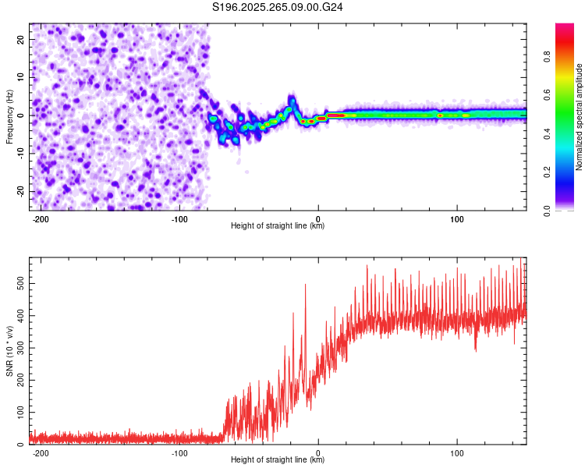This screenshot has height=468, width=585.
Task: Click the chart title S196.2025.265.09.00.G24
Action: click(x=278, y=7)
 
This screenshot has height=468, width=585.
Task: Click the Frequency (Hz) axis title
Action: click(x=9, y=117)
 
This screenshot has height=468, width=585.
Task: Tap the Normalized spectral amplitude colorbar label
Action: click(x=579, y=117)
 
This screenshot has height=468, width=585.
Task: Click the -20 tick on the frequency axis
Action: click(x=19, y=191)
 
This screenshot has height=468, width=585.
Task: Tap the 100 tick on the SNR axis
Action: click(x=17, y=411)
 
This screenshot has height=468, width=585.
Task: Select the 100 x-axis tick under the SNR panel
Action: click(x=457, y=452)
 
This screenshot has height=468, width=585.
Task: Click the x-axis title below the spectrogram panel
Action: click(x=278, y=226)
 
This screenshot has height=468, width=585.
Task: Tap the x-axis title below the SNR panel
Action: click(x=278, y=460)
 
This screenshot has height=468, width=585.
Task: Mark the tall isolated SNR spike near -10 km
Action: click(x=305, y=287)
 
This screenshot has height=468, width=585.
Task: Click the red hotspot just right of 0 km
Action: click(x=335, y=115)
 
